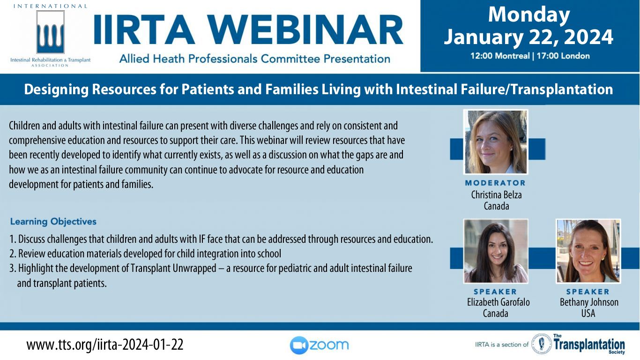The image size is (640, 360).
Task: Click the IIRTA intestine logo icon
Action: coord(50,32)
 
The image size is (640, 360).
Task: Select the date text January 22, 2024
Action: coord(528,37)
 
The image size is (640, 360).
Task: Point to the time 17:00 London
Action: coord(563,55)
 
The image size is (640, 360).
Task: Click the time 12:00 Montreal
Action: coord(500,55)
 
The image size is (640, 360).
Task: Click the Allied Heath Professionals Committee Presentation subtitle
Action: coord(254,59)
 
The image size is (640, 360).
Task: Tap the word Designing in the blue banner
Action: coord(56,90)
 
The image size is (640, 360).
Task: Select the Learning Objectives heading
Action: coord(53,222)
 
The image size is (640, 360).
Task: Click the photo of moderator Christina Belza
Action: coord(496,142)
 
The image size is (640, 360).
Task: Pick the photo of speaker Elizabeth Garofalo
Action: coord(496,251)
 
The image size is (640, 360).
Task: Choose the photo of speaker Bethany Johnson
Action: coord(588,251)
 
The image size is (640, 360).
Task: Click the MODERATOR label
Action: coord(495,183)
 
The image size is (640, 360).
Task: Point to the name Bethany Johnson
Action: coord(589,302)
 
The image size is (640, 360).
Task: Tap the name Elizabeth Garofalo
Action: coord(499,302)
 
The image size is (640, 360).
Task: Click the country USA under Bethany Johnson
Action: coord(588,314)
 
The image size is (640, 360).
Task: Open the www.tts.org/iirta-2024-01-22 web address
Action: coord(105,345)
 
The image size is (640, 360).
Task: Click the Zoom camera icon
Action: coord(299,345)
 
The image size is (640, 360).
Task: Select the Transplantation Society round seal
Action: coord(541,344)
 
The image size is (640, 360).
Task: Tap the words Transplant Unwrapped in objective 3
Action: coord(173,268)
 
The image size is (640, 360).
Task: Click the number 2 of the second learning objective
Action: coord(12,254)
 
